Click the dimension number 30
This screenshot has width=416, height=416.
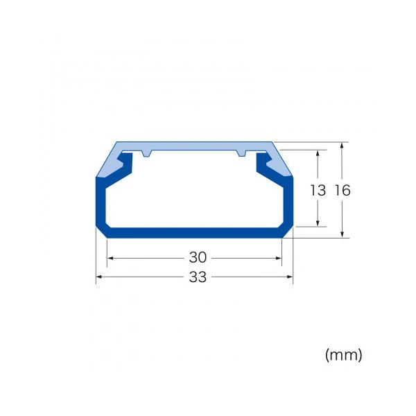[198, 257]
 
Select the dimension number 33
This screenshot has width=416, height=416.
[198, 277]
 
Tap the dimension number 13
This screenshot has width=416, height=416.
[318, 190]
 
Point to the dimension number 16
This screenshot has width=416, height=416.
[343, 190]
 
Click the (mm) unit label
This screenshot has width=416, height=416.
[344, 355]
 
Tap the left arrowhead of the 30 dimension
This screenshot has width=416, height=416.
[110, 258]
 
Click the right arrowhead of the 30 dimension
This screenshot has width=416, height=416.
[278, 258]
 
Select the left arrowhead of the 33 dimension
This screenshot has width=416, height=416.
[98, 277]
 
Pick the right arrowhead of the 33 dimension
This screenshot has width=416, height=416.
[290, 277]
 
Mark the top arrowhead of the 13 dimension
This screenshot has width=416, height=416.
[318, 153]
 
